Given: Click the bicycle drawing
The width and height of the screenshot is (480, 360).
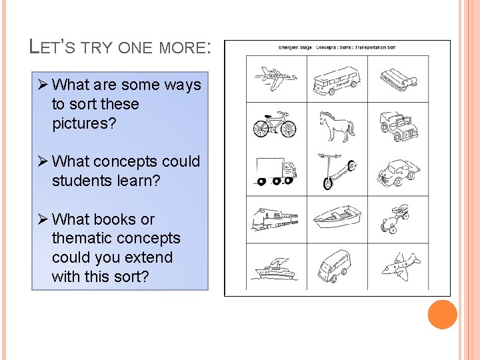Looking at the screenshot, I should click(x=274, y=125).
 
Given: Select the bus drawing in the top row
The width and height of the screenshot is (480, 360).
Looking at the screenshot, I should click(x=337, y=79).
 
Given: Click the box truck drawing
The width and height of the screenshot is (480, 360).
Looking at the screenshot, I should click(x=275, y=172).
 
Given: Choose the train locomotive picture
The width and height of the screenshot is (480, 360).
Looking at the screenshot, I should click(x=275, y=219).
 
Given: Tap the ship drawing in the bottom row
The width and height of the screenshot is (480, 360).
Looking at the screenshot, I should click(x=273, y=267).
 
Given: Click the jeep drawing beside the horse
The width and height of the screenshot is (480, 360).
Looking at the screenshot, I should click(x=399, y=126).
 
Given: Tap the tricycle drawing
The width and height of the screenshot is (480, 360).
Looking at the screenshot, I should click(x=396, y=220).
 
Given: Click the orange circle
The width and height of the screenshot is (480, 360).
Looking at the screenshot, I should click(x=442, y=315).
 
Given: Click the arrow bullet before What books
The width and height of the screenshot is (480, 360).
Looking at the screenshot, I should click(x=42, y=219).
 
